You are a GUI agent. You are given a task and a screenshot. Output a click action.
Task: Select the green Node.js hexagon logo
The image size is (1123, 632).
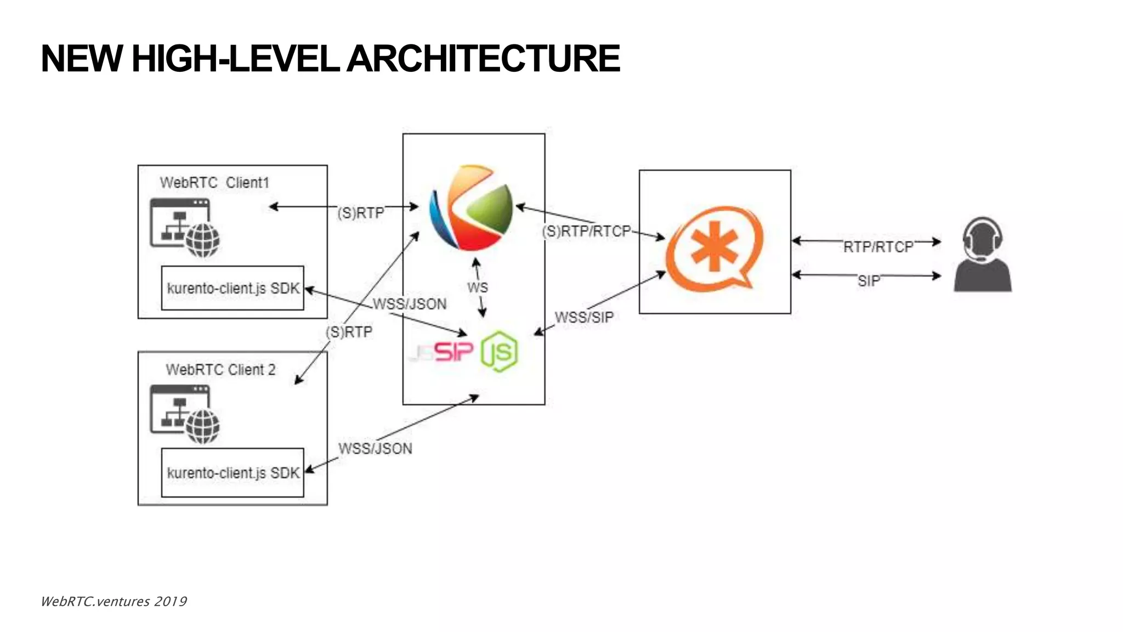click(500, 351)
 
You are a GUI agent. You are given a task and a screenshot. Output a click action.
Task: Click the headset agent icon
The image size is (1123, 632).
click(982, 255)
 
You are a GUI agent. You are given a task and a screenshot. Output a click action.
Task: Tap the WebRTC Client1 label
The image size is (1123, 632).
click(214, 183)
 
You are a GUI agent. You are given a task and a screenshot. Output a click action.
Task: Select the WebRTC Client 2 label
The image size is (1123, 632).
click(220, 370)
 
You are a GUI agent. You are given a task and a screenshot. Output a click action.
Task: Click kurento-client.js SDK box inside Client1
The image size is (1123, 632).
click(232, 288)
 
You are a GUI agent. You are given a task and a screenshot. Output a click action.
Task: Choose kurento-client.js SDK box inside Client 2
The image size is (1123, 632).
click(232, 472)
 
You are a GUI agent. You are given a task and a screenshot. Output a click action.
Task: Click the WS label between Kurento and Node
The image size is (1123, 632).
click(477, 287)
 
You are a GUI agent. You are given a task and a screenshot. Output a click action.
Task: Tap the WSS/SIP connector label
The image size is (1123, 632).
click(584, 317)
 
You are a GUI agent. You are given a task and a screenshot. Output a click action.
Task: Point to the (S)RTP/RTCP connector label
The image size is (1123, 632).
click(586, 232)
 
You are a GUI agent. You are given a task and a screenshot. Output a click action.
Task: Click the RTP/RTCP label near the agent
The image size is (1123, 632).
click(878, 247)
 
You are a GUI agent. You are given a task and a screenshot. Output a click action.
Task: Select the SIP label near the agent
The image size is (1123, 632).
click(869, 281)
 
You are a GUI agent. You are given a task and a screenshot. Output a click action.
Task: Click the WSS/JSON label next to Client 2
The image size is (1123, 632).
click(375, 449)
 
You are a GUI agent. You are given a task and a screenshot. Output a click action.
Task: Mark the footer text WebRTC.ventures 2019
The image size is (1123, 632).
click(114, 601)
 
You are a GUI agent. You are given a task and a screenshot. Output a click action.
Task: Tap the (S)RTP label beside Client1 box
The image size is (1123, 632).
click(360, 213)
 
